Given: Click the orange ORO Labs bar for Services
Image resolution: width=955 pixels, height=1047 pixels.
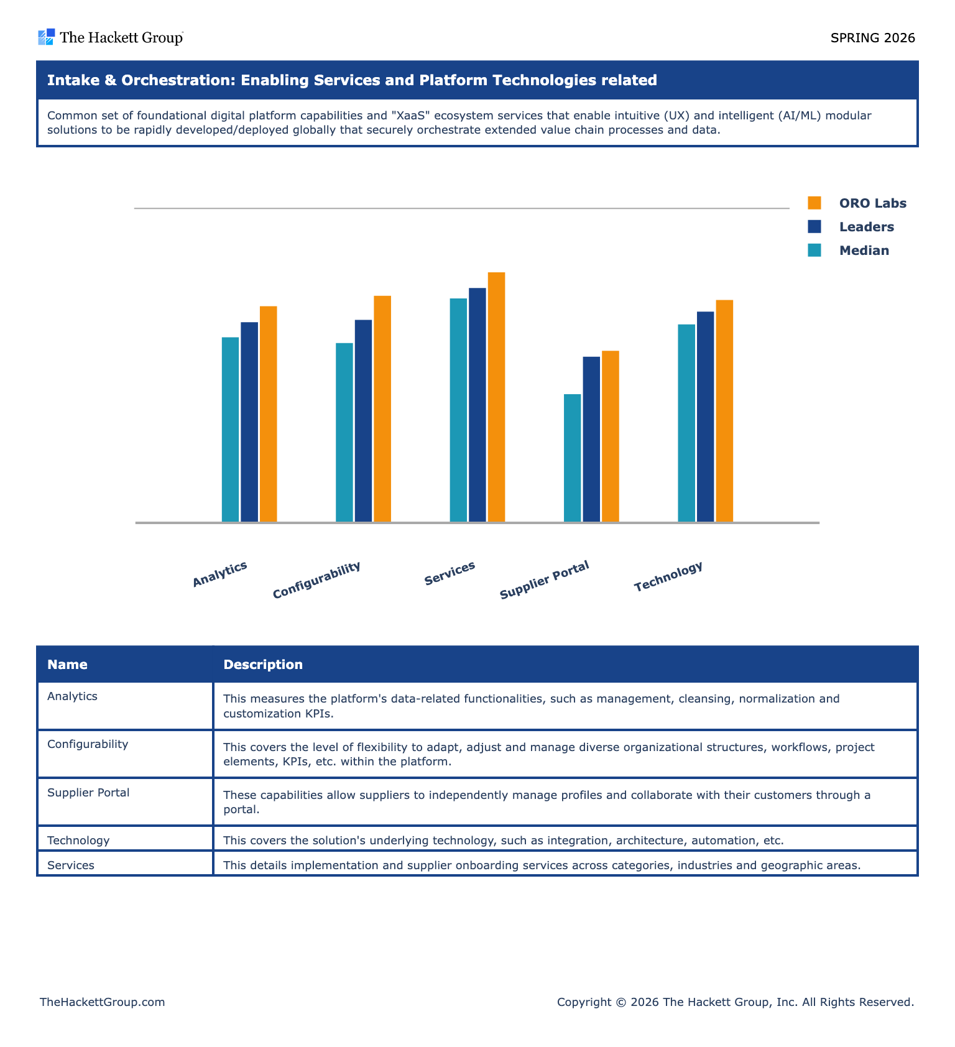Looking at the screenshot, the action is [x=496, y=397].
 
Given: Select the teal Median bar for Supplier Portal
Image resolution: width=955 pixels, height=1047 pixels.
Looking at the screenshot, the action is [x=572, y=458].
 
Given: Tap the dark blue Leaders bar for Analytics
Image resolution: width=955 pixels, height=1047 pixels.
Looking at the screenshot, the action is [x=249, y=422].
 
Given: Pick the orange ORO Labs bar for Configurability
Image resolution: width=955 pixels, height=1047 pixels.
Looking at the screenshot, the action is [x=382, y=409].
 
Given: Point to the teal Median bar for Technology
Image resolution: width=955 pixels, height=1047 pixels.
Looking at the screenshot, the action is [x=686, y=423].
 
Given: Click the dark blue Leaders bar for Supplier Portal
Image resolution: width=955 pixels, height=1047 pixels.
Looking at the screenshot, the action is [x=591, y=440].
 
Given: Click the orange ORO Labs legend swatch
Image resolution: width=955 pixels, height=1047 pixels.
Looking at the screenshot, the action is [x=814, y=203].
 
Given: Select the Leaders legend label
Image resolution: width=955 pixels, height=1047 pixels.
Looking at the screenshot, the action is [x=867, y=227].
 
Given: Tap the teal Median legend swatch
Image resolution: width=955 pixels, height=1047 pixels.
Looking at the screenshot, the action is [x=814, y=250].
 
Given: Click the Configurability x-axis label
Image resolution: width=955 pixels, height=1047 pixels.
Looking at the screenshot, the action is [x=316, y=579].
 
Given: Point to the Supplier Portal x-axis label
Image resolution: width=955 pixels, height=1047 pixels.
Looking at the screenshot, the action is [x=544, y=579].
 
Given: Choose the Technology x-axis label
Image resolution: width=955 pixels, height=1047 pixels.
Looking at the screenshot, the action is [x=668, y=576].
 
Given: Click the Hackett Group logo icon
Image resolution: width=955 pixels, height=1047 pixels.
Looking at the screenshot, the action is [x=47, y=37].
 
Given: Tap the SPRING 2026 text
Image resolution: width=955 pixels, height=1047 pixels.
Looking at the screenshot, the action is [x=873, y=38].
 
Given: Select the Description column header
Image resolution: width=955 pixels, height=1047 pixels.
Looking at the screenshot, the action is [x=263, y=665].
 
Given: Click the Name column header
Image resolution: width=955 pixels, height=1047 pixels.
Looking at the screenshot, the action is [x=67, y=665].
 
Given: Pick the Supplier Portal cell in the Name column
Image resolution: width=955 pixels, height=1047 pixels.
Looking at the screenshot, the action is [x=88, y=793].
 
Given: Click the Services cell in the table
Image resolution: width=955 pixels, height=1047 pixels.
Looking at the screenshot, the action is [x=71, y=865].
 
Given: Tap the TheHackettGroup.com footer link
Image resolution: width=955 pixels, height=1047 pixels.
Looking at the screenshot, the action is [x=103, y=1002].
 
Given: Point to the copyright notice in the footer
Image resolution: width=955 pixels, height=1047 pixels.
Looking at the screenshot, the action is [x=736, y=1002].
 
